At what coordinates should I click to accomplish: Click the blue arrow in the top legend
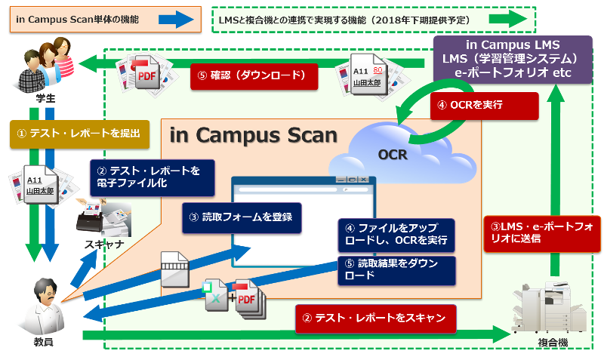176,19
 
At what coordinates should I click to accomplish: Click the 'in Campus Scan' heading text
253,136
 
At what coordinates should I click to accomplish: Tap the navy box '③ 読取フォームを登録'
241,217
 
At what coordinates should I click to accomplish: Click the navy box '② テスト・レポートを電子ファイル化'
152,177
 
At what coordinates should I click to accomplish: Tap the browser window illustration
302,215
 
